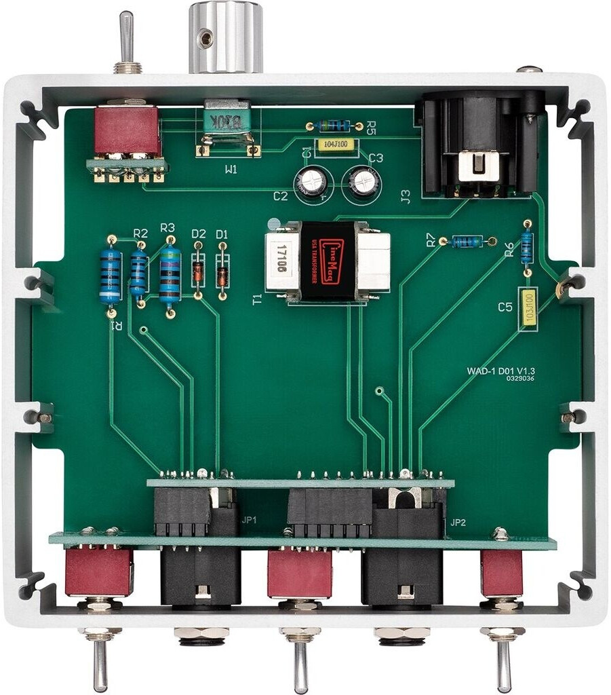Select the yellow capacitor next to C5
click(528, 308)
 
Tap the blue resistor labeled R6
click(527, 247)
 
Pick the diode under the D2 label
click(197, 271)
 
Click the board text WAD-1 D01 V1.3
click(506, 371)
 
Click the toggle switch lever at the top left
click(126, 37)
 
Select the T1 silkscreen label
click(257, 299)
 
